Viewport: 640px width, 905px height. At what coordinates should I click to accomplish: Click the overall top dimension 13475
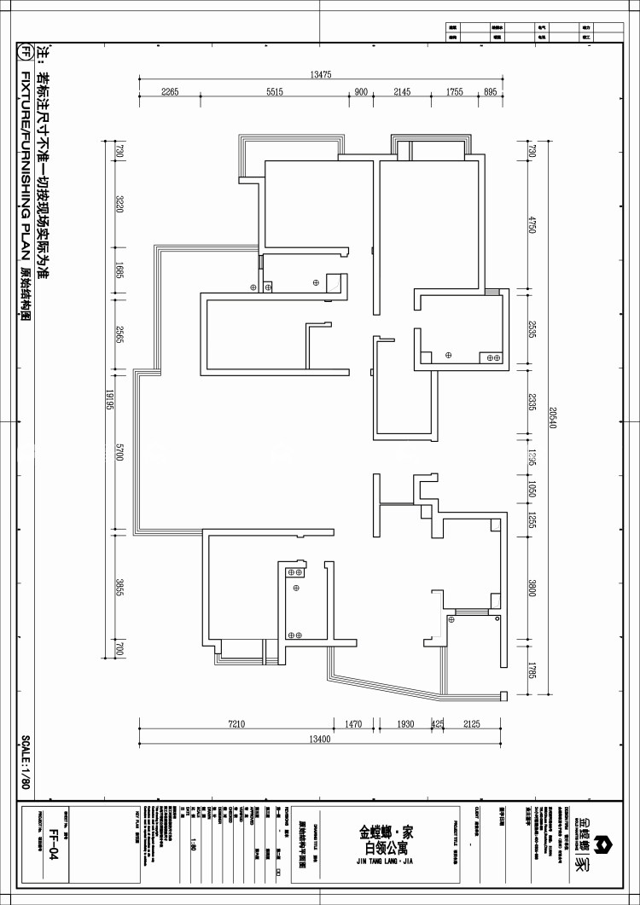321,75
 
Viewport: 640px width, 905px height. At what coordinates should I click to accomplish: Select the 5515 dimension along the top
274,92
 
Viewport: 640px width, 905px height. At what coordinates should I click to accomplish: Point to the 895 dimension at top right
490,92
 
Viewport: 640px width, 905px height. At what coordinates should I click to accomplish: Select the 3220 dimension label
120,204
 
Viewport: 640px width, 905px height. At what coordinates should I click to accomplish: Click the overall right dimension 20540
552,415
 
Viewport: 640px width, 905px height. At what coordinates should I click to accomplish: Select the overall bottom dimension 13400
320,739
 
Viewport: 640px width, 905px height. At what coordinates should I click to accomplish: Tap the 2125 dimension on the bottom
471,724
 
